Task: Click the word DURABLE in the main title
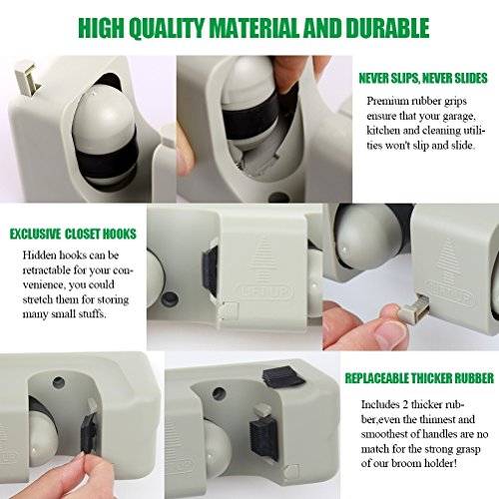(387, 28)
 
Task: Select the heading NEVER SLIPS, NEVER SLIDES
(423, 79)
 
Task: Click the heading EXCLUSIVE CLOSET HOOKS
(73, 235)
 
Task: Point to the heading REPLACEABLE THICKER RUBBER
(419, 378)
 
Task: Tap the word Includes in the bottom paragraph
(380, 404)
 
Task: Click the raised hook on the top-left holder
(27, 77)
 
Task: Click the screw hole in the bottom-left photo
(59, 382)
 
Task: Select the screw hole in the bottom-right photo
(219, 393)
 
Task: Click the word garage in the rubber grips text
(457, 117)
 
